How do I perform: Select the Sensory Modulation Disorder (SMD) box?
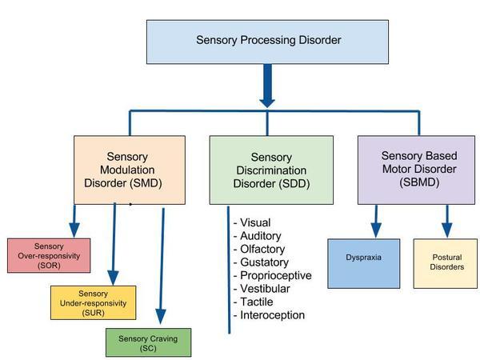coord(130,170)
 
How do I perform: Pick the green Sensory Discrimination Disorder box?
coord(271,170)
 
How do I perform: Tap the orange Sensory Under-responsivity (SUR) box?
coord(94,302)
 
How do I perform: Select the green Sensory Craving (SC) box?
coord(150,342)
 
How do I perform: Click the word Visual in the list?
coord(252,223)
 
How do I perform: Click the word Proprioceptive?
coord(270,276)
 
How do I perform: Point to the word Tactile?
coord(253,302)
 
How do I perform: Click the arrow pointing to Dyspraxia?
coord(374,221)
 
